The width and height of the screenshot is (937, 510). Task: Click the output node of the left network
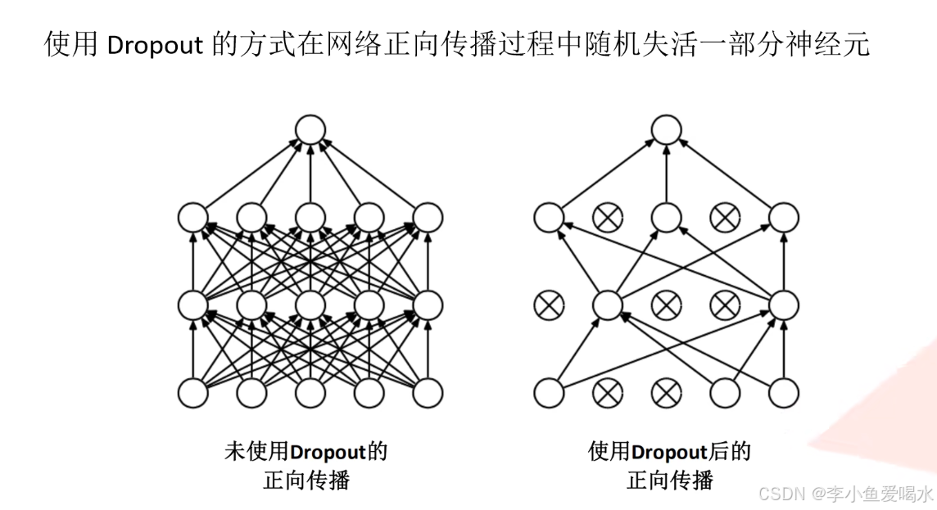(x=310, y=129)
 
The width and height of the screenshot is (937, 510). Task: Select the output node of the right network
(x=666, y=129)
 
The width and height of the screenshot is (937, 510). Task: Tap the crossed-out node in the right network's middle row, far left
(x=547, y=305)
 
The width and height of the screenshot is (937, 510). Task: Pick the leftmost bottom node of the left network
(x=193, y=393)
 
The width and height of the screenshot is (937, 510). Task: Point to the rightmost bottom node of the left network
(x=428, y=393)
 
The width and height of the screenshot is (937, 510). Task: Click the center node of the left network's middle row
(x=310, y=305)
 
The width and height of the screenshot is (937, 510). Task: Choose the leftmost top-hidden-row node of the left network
(x=193, y=218)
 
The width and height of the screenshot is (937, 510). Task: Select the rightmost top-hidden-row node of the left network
(x=428, y=218)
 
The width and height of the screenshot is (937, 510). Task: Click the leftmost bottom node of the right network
(x=548, y=393)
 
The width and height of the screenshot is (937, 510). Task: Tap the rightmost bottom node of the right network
(x=784, y=393)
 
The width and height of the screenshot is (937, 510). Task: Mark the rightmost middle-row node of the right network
(x=784, y=305)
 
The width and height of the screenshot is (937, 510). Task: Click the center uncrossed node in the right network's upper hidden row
(x=666, y=218)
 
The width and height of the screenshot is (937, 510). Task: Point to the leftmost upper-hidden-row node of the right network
(x=548, y=218)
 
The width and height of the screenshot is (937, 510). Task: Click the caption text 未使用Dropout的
(x=306, y=452)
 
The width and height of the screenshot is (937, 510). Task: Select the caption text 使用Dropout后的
(x=669, y=452)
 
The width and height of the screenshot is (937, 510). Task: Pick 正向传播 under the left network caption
(x=306, y=480)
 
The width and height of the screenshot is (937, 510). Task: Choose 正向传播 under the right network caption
(x=669, y=480)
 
